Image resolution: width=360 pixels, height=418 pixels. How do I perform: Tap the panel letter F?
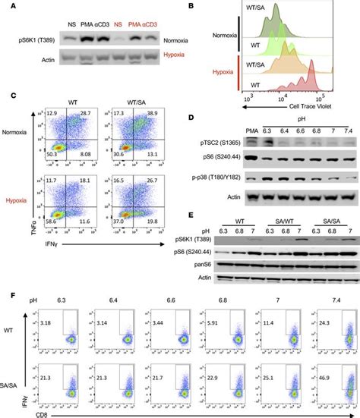[8, 289]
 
